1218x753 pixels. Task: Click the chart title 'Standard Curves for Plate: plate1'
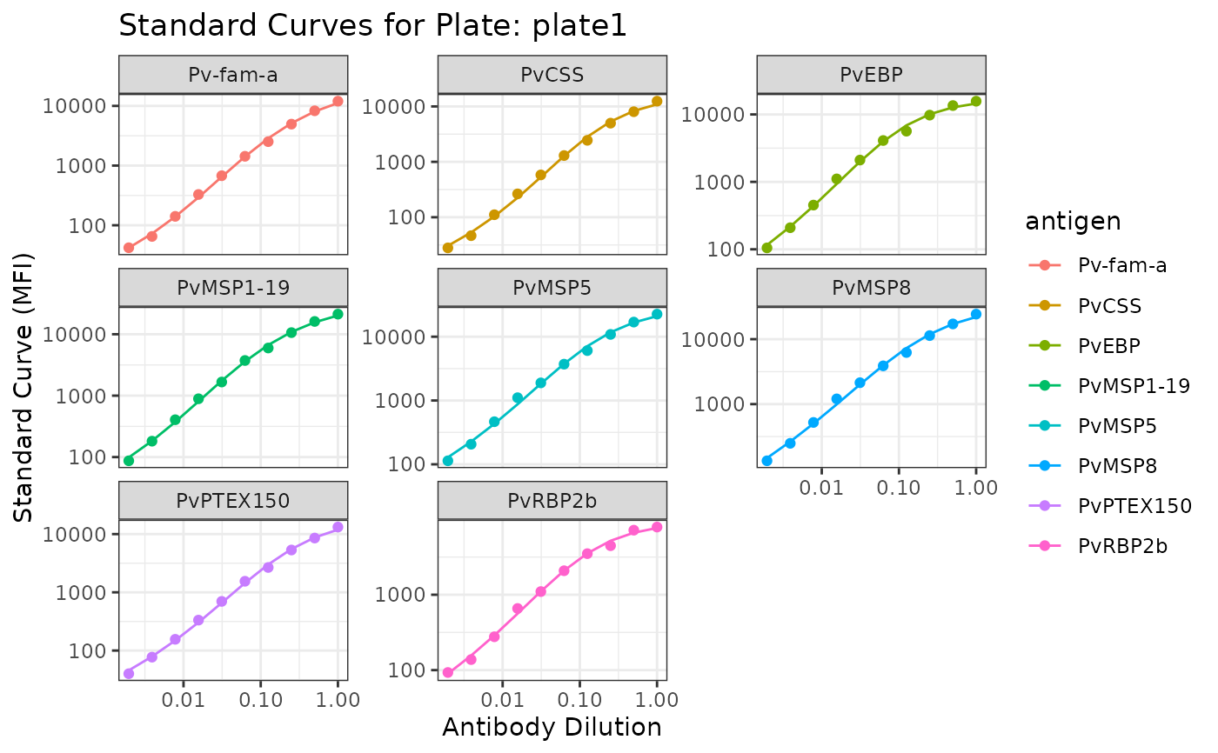pyautogui.click(x=372, y=26)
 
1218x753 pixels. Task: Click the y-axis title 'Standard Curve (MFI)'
pyautogui.click(x=23, y=388)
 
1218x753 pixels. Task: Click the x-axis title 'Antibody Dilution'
pyautogui.click(x=552, y=727)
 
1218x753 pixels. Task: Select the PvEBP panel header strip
pyautogui.click(x=871, y=75)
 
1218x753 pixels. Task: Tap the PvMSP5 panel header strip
pyautogui.click(x=552, y=288)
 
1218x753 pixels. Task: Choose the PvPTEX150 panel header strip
pyautogui.click(x=233, y=501)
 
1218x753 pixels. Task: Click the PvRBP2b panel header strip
pyautogui.click(x=552, y=501)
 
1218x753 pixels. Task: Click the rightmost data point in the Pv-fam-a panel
pyautogui.click(x=338, y=102)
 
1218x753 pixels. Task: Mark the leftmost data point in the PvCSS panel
pyautogui.click(x=448, y=248)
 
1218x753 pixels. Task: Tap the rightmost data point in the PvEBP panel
pyautogui.click(x=976, y=101)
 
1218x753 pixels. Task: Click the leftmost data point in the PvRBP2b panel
pyautogui.click(x=448, y=672)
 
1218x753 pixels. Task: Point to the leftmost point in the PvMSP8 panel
pyautogui.click(x=766, y=461)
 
